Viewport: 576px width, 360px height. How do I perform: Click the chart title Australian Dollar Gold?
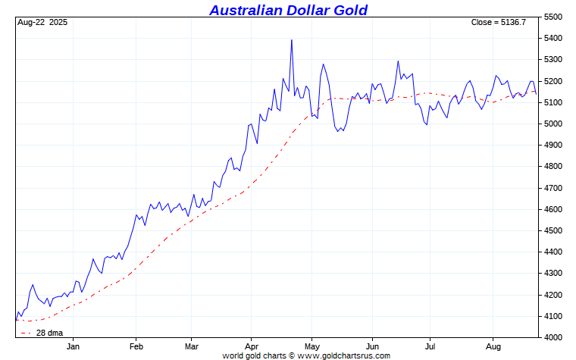pos(288,10)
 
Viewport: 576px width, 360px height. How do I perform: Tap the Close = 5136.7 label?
pos(498,23)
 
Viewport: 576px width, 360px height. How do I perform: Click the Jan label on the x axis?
pos(74,346)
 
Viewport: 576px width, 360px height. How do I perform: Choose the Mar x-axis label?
pos(192,346)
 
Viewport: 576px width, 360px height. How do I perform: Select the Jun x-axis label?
pos(372,346)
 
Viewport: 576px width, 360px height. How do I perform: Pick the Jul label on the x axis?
pos(430,346)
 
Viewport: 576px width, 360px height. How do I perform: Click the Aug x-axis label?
pos(492,346)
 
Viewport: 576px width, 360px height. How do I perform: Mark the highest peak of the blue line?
pos(292,40)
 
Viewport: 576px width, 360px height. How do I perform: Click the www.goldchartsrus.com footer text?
pos(346,355)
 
